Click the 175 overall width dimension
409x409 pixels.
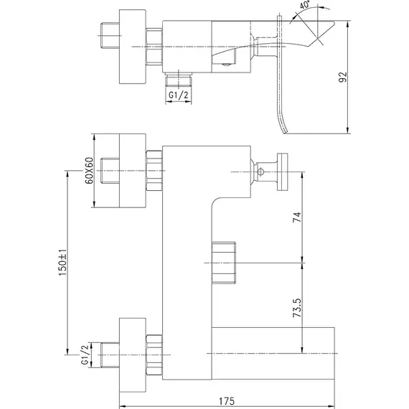point(227,401)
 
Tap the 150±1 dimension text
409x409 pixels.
point(63,263)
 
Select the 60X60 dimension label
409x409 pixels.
point(89,171)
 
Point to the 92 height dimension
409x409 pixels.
point(343,77)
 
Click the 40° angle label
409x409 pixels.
point(305,5)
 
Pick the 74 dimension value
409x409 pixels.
point(297,217)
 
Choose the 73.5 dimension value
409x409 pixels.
point(297,308)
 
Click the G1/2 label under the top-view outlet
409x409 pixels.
point(179,95)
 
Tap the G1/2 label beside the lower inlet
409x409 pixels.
point(85,354)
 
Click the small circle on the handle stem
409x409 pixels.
point(260,171)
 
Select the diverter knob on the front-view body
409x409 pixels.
point(224,263)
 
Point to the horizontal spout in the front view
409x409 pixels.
point(273,353)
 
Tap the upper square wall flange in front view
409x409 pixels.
point(133,171)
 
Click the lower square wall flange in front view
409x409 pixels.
point(133,354)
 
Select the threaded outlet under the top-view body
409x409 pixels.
point(179,80)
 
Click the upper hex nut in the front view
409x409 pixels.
point(154,171)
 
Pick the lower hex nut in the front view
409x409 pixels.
point(154,354)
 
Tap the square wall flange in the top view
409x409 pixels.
point(133,47)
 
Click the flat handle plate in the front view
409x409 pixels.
point(283,172)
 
